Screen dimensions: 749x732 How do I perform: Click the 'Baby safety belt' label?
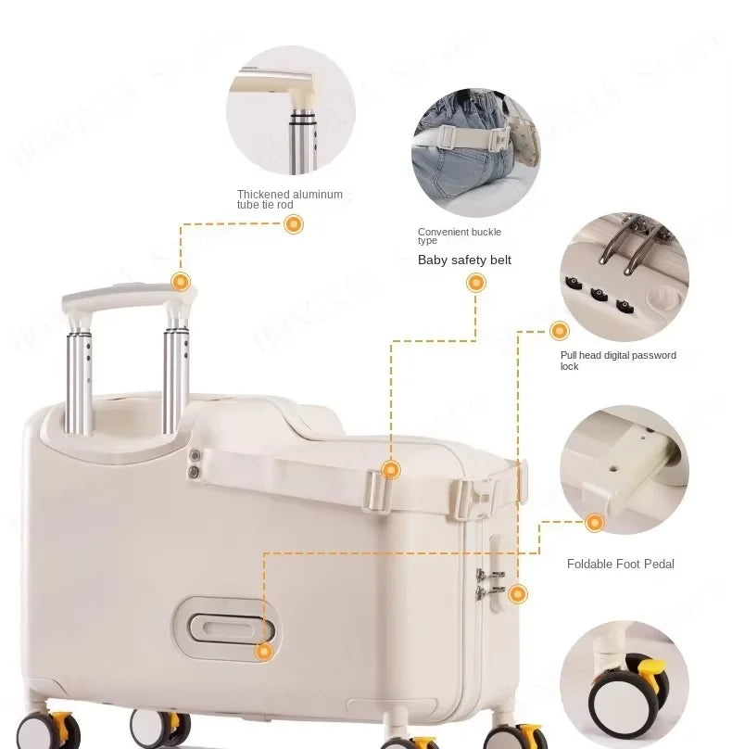click(464, 260)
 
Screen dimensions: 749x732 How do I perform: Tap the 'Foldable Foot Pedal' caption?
click(620, 564)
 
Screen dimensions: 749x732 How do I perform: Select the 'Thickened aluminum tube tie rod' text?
click(289, 199)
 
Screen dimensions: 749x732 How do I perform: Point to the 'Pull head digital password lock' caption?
click(618, 361)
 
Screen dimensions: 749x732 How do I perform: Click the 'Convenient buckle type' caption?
click(459, 235)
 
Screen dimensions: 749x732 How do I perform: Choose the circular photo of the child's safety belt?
click(474, 154)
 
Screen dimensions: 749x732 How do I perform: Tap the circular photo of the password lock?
click(624, 276)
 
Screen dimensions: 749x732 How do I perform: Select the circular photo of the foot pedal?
click(624, 469)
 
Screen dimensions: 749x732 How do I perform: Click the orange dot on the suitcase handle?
click(181, 282)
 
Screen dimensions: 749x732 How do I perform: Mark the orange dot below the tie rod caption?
click(294, 223)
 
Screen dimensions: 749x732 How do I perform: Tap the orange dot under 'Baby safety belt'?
click(475, 283)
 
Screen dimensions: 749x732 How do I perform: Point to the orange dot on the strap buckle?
click(391, 470)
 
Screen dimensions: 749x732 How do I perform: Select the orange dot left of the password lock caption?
click(559, 331)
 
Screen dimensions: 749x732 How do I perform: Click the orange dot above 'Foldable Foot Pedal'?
click(595, 523)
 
